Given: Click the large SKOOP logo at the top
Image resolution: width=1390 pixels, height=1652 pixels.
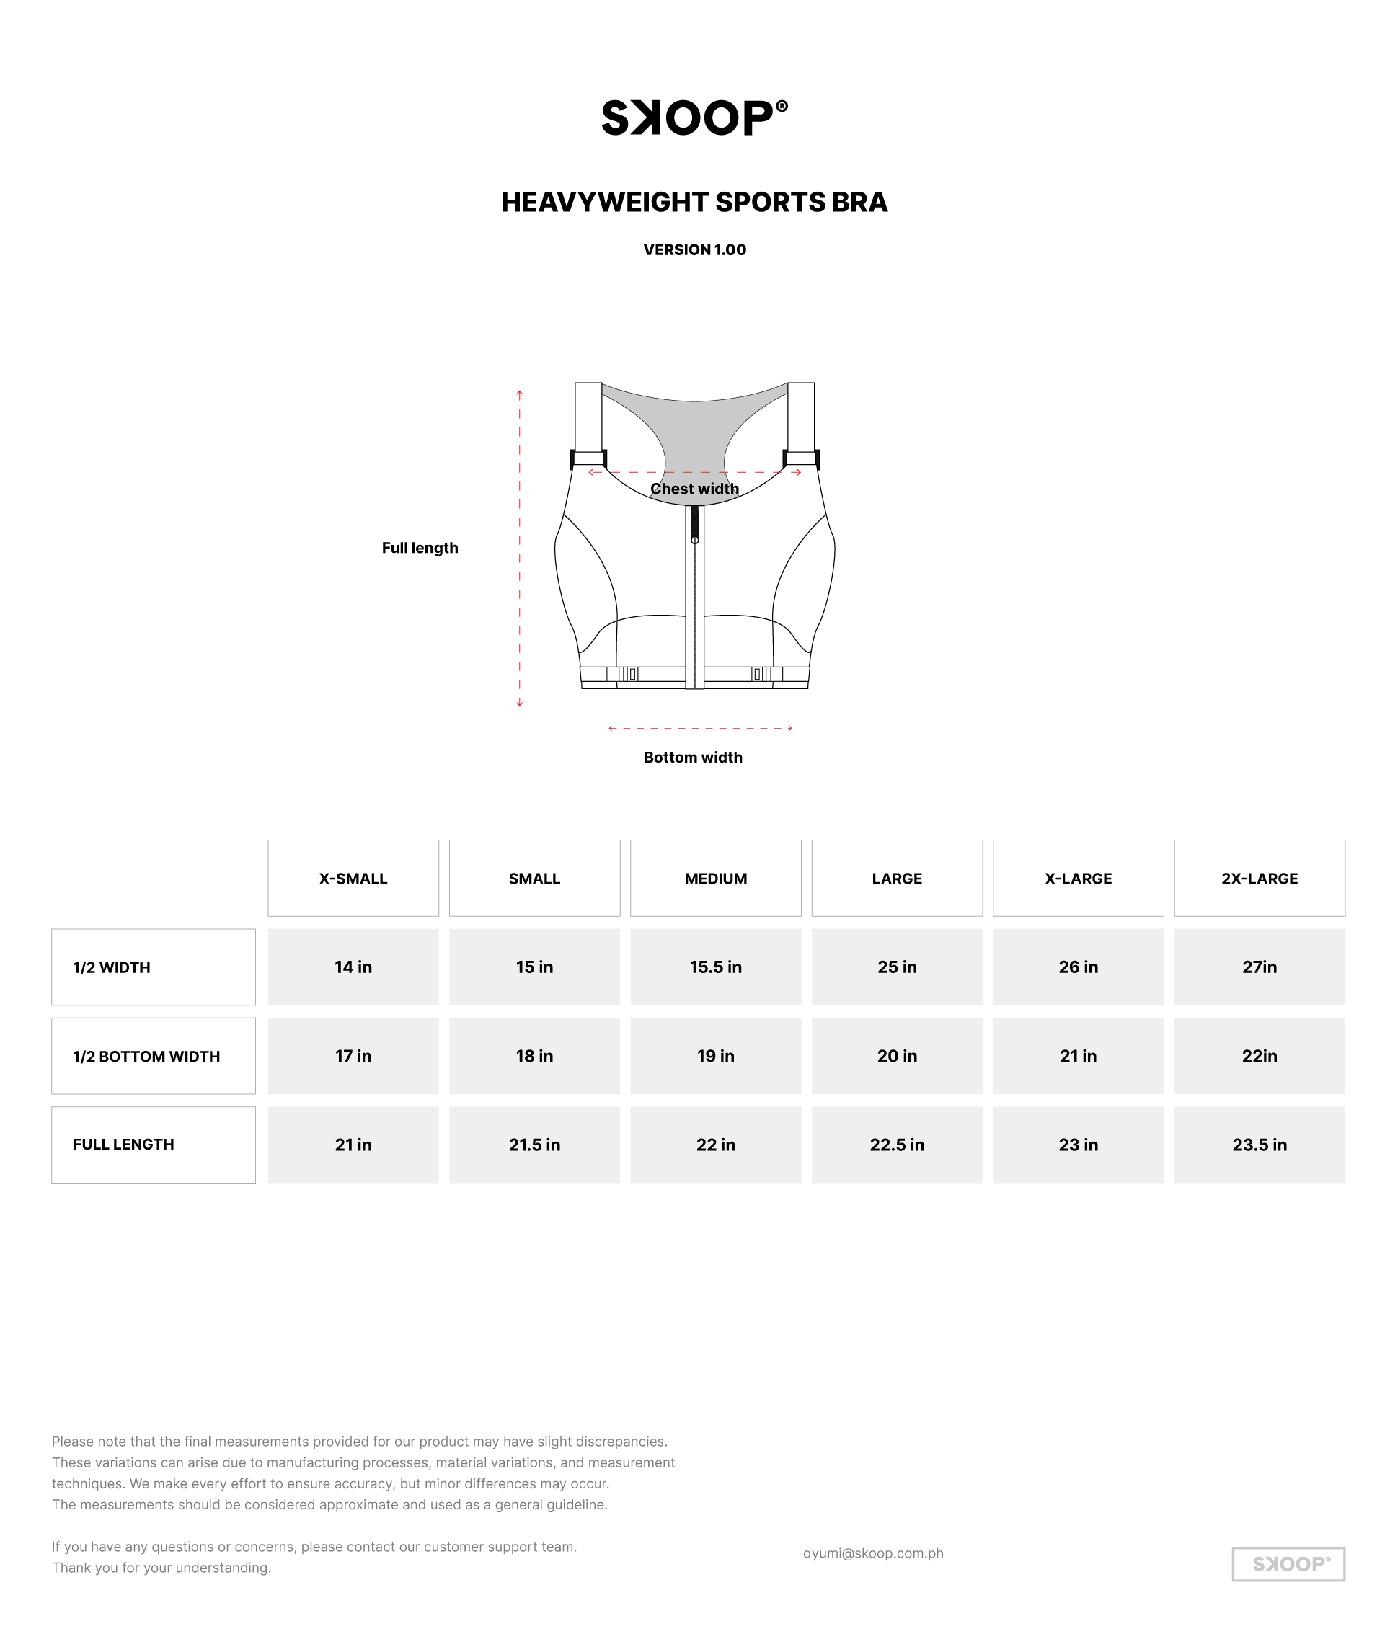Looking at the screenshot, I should (694, 118).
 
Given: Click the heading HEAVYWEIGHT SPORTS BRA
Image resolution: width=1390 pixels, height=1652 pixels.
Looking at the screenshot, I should (694, 203).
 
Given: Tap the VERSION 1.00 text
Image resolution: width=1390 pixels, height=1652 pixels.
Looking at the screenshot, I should (694, 249).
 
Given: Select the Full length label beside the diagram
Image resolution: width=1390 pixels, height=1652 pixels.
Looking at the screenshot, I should (420, 548).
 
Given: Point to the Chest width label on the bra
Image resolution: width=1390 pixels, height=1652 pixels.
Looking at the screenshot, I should (694, 489).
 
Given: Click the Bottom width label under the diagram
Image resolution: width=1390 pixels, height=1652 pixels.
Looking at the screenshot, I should (693, 757).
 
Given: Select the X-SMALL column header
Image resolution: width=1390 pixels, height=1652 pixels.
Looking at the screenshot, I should (353, 879).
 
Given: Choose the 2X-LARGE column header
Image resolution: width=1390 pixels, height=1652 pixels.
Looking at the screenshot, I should (1260, 879).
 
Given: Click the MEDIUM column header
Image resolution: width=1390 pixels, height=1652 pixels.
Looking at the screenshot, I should (715, 879).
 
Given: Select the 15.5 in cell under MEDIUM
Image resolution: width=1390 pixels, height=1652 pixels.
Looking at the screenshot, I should (715, 967).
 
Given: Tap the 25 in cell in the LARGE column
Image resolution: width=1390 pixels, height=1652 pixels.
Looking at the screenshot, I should (897, 967).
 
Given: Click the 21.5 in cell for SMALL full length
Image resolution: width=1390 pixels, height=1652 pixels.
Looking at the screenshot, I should (534, 1145).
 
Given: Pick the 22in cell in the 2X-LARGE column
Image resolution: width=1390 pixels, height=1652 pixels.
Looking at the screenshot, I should (1260, 1057).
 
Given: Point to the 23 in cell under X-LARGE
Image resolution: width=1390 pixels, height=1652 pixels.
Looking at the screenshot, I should (1078, 1145).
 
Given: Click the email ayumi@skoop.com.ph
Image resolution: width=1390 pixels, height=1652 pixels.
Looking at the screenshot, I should (873, 1553).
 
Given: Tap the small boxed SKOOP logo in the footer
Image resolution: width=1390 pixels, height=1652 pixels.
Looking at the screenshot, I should (1288, 1564).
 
